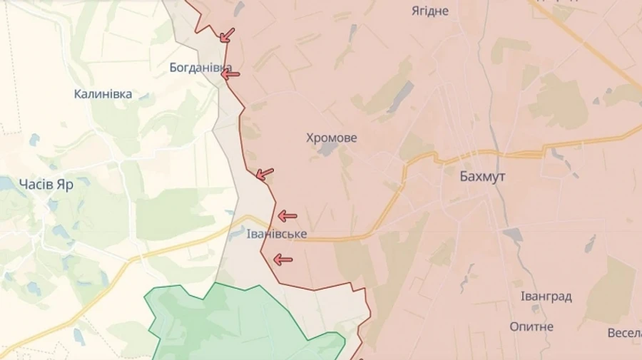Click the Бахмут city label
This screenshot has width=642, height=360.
click(x=482, y=177)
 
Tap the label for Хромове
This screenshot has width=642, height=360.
click(x=332, y=138)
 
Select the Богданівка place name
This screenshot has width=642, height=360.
click(x=200, y=68)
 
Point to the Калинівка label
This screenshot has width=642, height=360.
click(x=103, y=94)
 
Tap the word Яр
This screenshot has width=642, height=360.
click(x=66, y=184)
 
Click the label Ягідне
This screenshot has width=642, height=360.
click(x=430, y=11)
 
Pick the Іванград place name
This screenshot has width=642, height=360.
click(x=546, y=297)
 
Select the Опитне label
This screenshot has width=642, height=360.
click(x=531, y=326)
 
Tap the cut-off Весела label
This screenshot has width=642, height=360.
click(x=625, y=333)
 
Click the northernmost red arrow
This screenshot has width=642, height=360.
click(x=227, y=35)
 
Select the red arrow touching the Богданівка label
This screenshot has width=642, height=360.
click(x=230, y=73)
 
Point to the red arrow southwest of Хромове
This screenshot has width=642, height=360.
click(x=265, y=173)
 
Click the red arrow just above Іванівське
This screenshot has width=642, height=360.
click(x=287, y=216)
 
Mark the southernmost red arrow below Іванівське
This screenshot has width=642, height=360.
click(x=282, y=259)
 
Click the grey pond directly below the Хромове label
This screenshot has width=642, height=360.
click(x=329, y=149)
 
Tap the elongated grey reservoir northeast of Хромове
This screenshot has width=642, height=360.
click(x=400, y=96)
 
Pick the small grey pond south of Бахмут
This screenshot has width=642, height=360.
click(x=513, y=234)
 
